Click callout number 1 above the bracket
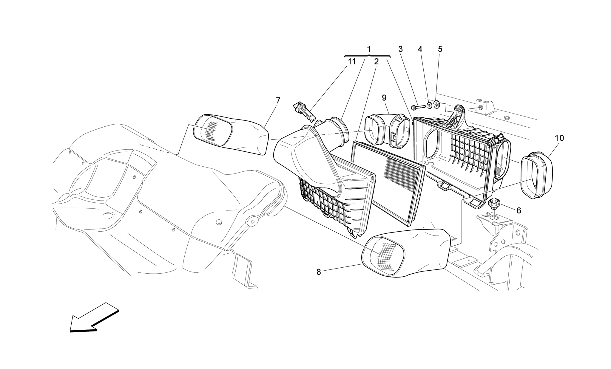coord(369,49)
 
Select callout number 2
coord(376,62)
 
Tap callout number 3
coord(400,49)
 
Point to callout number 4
coord(420,49)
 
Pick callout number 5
coord(440,49)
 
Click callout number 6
coord(519,211)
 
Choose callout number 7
coord(278,101)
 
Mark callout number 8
coord(319,272)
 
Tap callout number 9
coord(384,98)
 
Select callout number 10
coord(559,138)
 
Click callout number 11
coord(352,62)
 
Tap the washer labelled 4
coord(429,105)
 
